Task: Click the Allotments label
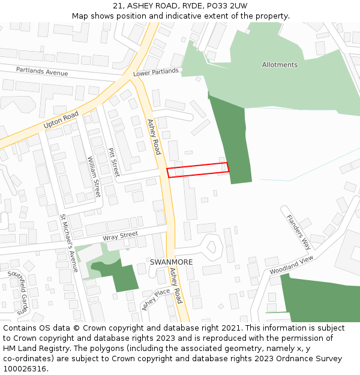[280, 65]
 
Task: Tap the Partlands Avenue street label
[42, 72]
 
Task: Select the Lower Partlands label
[156, 72]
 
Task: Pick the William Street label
[94, 177]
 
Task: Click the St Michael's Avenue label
[70, 243]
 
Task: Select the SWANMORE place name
[171, 262]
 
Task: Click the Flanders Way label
[298, 232]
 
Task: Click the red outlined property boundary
[198, 170]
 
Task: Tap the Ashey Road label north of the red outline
[154, 137]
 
